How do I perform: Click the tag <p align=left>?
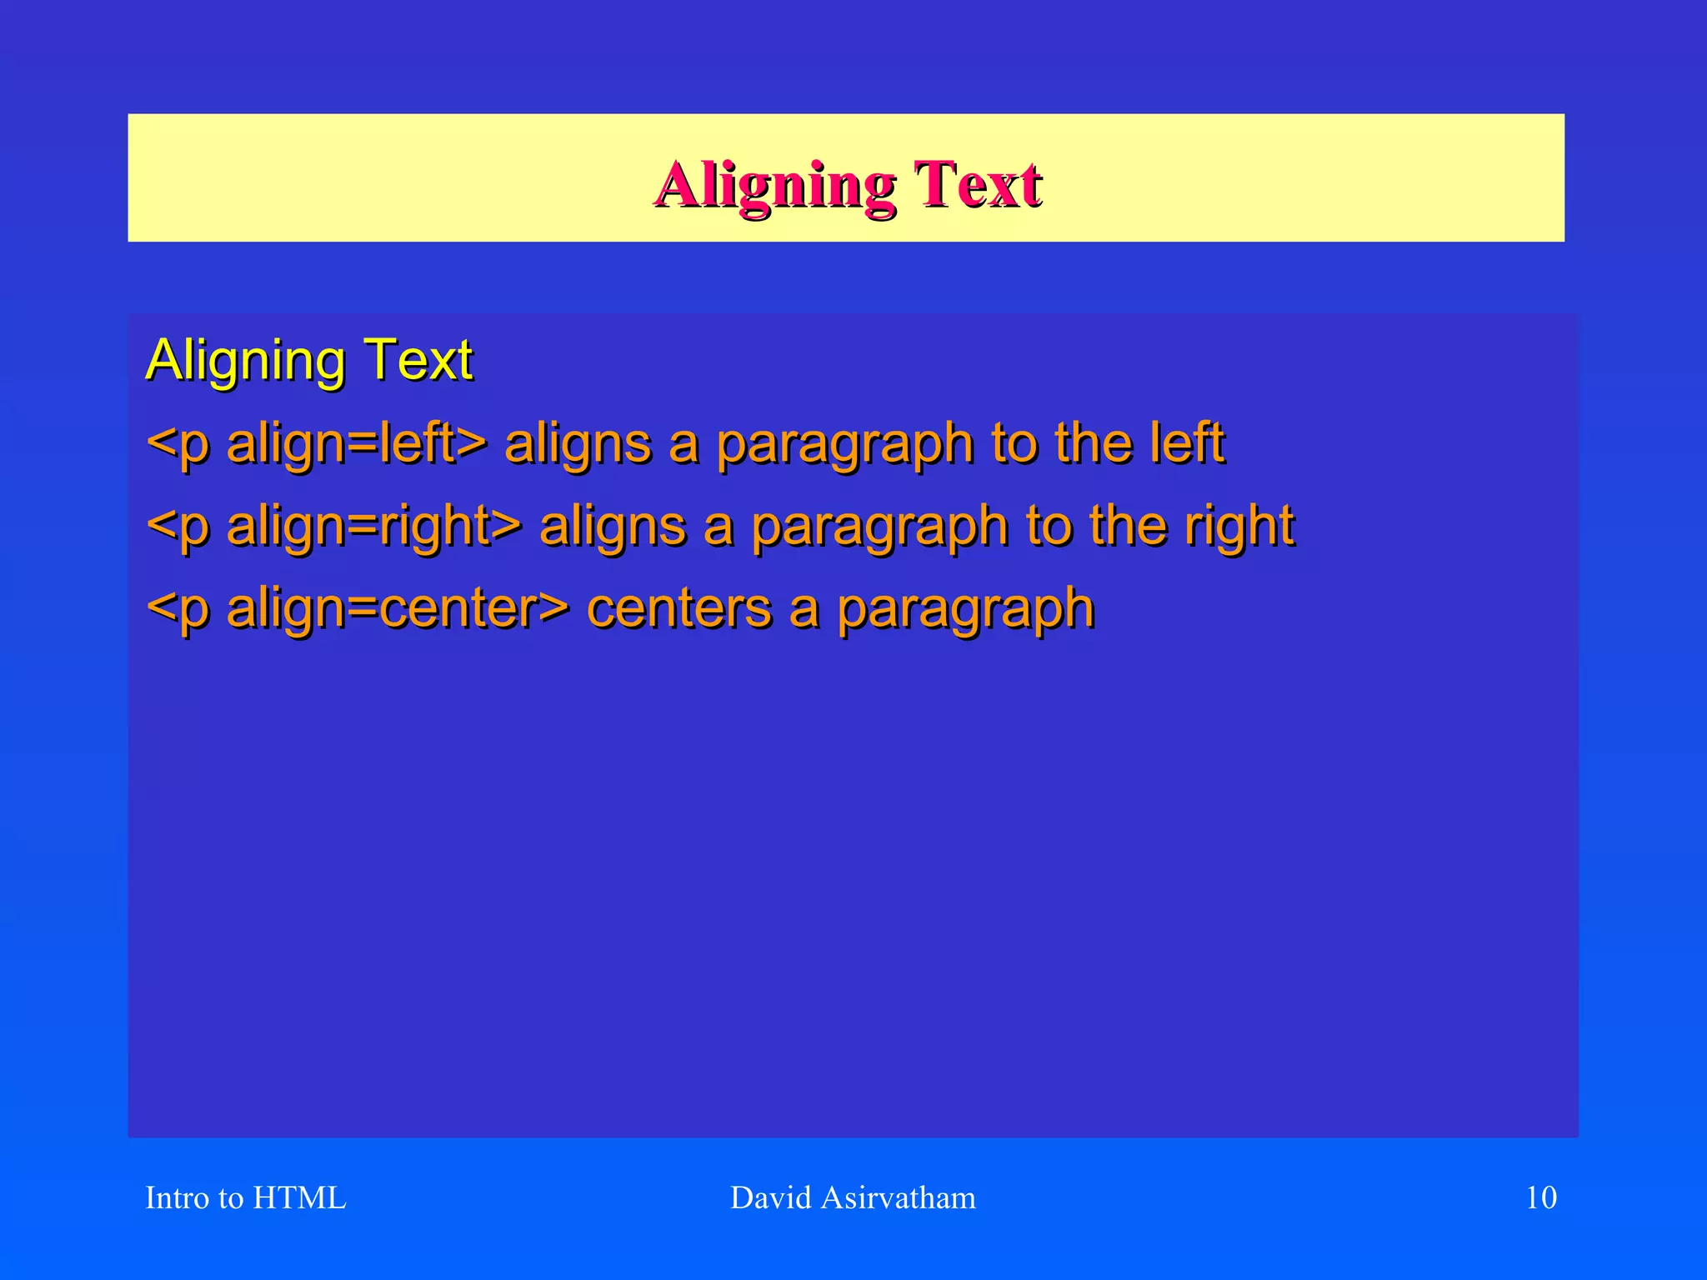point(316,443)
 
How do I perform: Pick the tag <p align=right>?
point(333,527)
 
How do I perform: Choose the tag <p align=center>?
point(358,608)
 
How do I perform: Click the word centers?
point(678,608)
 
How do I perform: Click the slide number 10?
point(1540,1197)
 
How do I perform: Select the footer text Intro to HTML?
point(245,1197)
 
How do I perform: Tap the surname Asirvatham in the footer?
point(898,1197)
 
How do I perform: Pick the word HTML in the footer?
point(298,1197)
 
